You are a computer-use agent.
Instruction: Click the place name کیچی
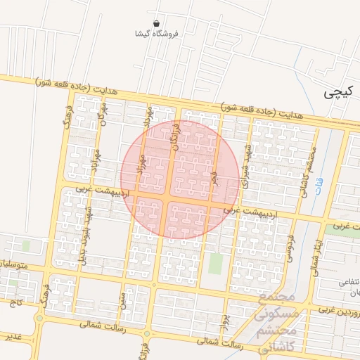[x=336, y=92]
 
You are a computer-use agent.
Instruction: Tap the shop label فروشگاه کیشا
[x=160, y=33]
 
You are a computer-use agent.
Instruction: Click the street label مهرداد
[x=148, y=115]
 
